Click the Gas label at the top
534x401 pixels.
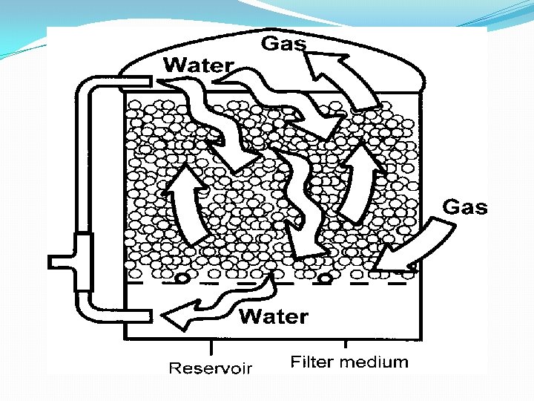(x=283, y=44)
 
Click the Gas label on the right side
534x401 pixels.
(x=465, y=206)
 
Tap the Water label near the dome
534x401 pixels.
(x=198, y=65)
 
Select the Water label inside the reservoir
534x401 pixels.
(x=274, y=317)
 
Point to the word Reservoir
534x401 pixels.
(x=211, y=368)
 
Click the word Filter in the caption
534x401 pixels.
(x=311, y=362)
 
